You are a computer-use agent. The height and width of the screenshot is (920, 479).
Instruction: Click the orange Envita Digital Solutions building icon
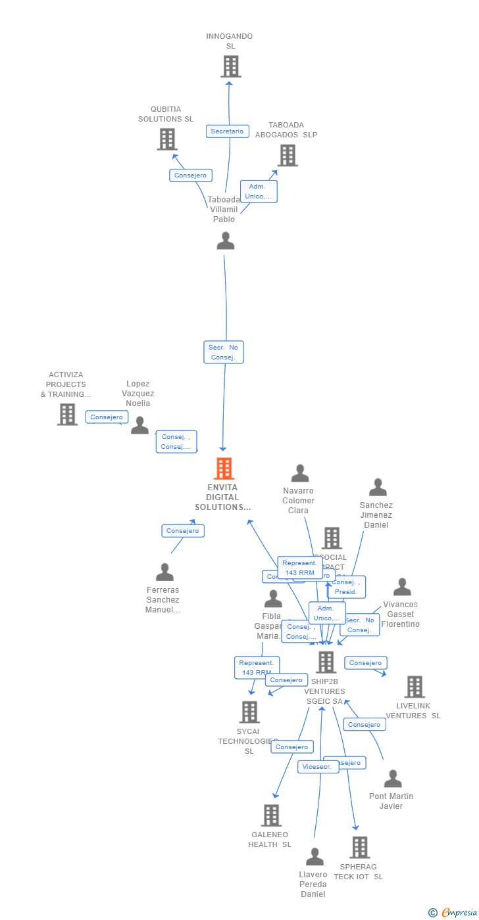pyautogui.click(x=224, y=469)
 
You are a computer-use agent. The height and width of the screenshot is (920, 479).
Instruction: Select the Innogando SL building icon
pyautogui.click(x=230, y=66)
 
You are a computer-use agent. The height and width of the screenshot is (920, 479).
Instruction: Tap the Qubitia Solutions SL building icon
pyautogui.click(x=167, y=139)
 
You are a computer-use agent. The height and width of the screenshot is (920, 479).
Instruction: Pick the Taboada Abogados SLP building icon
pyautogui.click(x=288, y=155)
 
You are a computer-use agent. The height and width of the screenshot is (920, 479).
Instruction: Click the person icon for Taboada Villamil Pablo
pyautogui.click(x=225, y=241)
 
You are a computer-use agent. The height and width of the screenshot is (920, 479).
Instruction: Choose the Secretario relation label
pyautogui.click(x=227, y=131)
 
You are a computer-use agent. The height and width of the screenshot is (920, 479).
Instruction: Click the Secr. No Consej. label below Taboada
pyautogui.click(x=224, y=352)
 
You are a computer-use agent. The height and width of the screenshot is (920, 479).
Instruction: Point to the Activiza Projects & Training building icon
pyautogui.click(x=67, y=414)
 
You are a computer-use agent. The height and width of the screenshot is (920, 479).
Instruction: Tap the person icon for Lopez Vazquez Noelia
pyautogui.click(x=139, y=425)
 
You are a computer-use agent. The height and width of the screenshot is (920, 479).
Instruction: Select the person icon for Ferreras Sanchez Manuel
pyautogui.click(x=164, y=572)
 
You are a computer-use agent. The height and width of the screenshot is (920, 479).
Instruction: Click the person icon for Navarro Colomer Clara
pyautogui.click(x=300, y=473)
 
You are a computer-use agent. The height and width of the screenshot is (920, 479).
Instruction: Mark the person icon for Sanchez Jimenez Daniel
pyautogui.click(x=378, y=487)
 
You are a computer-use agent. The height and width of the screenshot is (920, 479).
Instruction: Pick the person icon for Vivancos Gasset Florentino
pyautogui.click(x=402, y=587)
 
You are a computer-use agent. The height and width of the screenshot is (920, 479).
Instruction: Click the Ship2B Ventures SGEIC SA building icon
pyautogui.click(x=326, y=662)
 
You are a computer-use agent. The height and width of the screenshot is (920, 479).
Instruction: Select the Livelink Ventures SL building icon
pyautogui.click(x=415, y=687)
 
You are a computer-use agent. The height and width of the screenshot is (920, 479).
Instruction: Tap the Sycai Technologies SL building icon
pyautogui.click(x=249, y=712)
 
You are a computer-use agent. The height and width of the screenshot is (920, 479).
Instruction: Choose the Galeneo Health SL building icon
pyautogui.click(x=271, y=815)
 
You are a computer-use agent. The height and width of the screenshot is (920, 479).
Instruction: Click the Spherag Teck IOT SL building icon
pyautogui.click(x=359, y=847)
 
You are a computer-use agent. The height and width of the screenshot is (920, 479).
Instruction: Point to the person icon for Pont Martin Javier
pyautogui.click(x=393, y=779)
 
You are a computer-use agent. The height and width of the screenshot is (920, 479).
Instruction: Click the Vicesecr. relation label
pyautogui.click(x=318, y=767)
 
